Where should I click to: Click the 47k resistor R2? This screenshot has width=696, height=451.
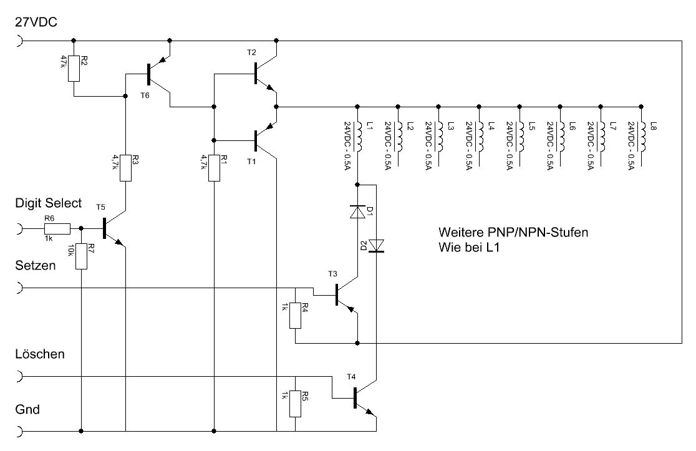click(74, 68)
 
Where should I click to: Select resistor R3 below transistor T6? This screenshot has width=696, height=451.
click(126, 168)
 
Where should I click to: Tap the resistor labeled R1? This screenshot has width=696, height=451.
click(214, 168)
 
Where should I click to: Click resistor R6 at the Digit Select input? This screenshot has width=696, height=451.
click(56, 229)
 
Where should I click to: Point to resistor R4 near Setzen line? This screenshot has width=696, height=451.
click(295, 314)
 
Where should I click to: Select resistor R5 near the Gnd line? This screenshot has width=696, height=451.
click(295, 404)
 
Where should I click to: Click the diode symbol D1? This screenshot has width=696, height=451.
click(357, 213)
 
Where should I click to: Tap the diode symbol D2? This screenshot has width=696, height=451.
click(377, 246)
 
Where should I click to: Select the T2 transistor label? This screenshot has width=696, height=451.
click(251, 52)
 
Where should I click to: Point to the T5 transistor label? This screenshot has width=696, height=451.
click(101, 206)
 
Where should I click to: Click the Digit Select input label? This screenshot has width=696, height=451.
click(48, 203)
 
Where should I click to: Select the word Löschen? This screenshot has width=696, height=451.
click(40, 354)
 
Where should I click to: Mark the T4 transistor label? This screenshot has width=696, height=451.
click(351, 377)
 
